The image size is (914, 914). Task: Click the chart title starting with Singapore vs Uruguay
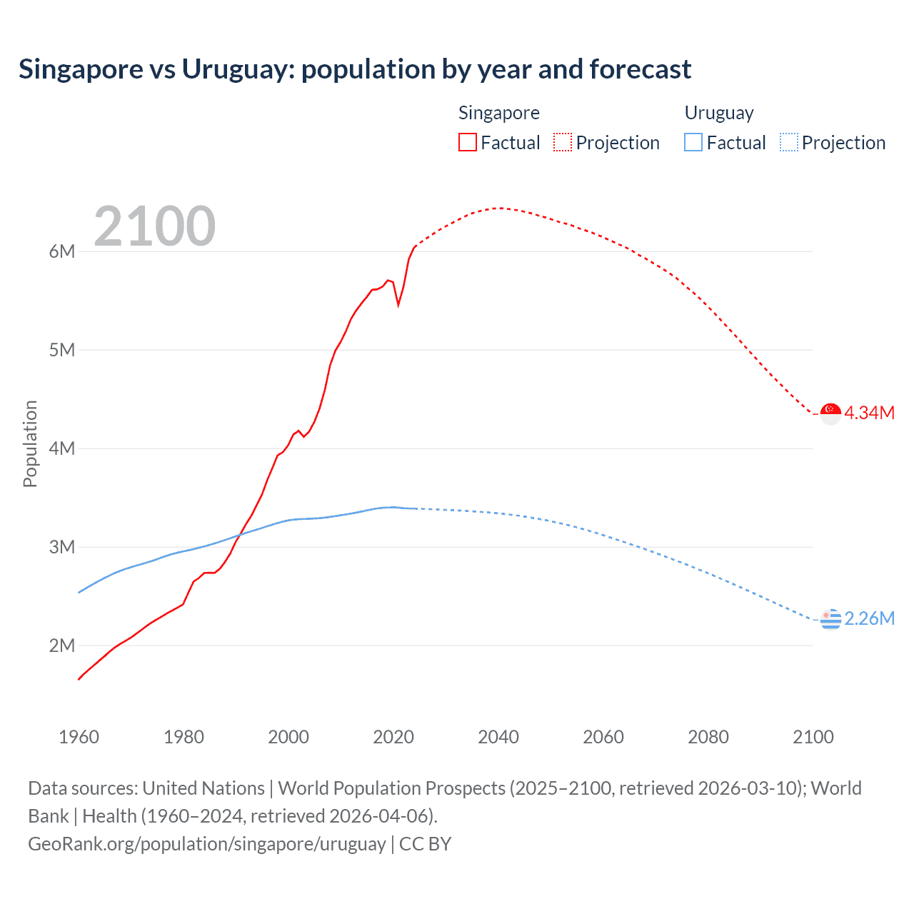pyautogui.click(x=355, y=69)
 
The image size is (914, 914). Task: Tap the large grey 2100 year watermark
pyautogui.click(x=154, y=226)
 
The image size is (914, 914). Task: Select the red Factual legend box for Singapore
pyautogui.click(x=467, y=142)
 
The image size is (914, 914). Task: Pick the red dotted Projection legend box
pyautogui.click(x=563, y=142)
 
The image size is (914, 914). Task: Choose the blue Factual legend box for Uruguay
pyautogui.click(x=693, y=142)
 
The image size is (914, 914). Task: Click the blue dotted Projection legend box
pyautogui.click(x=788, y=142)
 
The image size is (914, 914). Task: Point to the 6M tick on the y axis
pyautogui.click(x=62, y=251)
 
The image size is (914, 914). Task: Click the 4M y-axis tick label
pyautogui.click(x=62, y=448)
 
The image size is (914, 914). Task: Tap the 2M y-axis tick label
pyautogui.click(x=62, y=646)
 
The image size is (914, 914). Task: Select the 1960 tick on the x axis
pyautogui.click(x=79, y=737)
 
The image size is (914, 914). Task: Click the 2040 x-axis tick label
pyautogui.click(x=498, y=737)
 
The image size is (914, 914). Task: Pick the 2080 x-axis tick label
pyautogui.click(x=708, y=737)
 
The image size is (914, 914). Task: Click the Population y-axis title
pyautogui.click(x=30, y=443)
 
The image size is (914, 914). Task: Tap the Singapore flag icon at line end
pyautogui.click(x=830, y=413)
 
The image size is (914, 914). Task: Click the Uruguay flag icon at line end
pyautogui.click(x=830, y=619)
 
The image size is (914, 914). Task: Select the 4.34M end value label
pyautogui.click(x=870, y=413)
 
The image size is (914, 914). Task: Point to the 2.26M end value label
pyautogui.click(x=870, y=618)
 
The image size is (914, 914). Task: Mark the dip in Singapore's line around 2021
pyautogui.click(x=398, y=305)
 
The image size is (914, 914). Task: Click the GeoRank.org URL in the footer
pyautogui.click(x=207, y=844)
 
